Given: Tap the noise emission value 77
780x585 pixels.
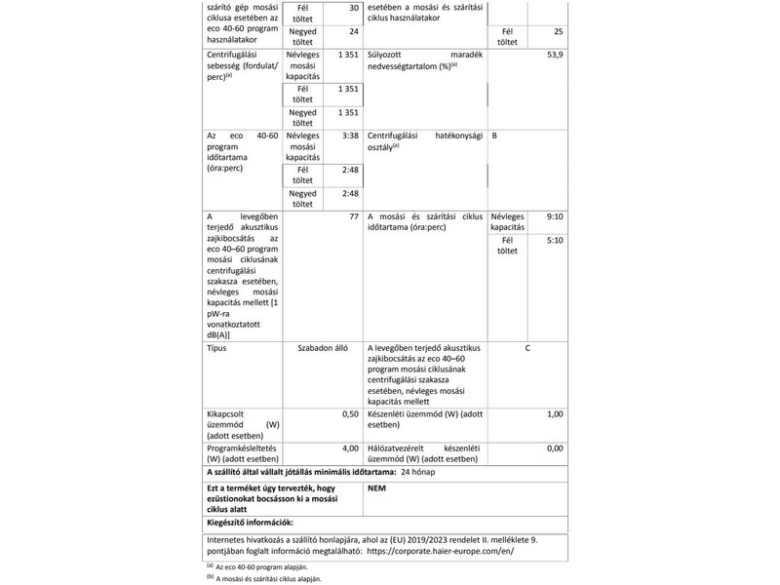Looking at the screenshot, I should [354, 215].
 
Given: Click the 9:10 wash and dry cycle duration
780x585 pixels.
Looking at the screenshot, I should [555, 215].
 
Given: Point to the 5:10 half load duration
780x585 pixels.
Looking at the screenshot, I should [555, 240].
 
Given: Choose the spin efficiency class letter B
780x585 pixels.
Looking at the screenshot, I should [495, 136].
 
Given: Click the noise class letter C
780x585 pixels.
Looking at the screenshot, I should [527, 347].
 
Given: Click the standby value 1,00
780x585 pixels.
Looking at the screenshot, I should [554, 414].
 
